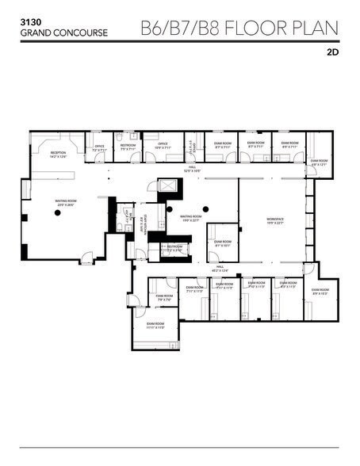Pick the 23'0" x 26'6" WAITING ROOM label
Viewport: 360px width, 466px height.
pyautogui.click(x=64, y=203)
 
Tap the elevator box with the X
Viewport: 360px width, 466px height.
pyautogui.click(x=167, y=187)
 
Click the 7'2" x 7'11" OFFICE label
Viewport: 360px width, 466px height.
pyautogui.click(x=100, y=147)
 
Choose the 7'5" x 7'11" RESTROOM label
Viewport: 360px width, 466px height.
pyautogui.click(x=128, y=147)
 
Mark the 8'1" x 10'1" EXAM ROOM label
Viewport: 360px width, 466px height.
pyautogui.click(x=223, y=243)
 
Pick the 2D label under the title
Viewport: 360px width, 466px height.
pyautogui.click(x=332, y=55)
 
